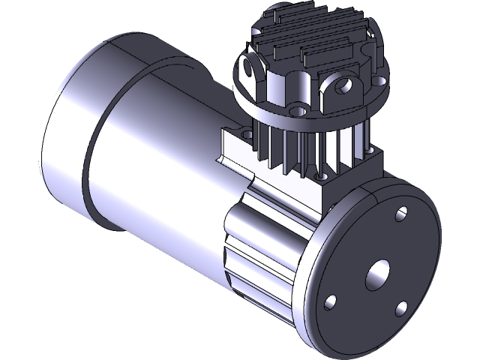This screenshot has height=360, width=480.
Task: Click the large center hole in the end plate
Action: pyautogui.click(x=377, y=275)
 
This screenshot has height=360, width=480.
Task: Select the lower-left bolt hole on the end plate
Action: pyautogui.click(x=329, y=301)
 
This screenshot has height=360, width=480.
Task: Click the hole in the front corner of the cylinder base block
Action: pyautogui.click(x=322, y=178)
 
